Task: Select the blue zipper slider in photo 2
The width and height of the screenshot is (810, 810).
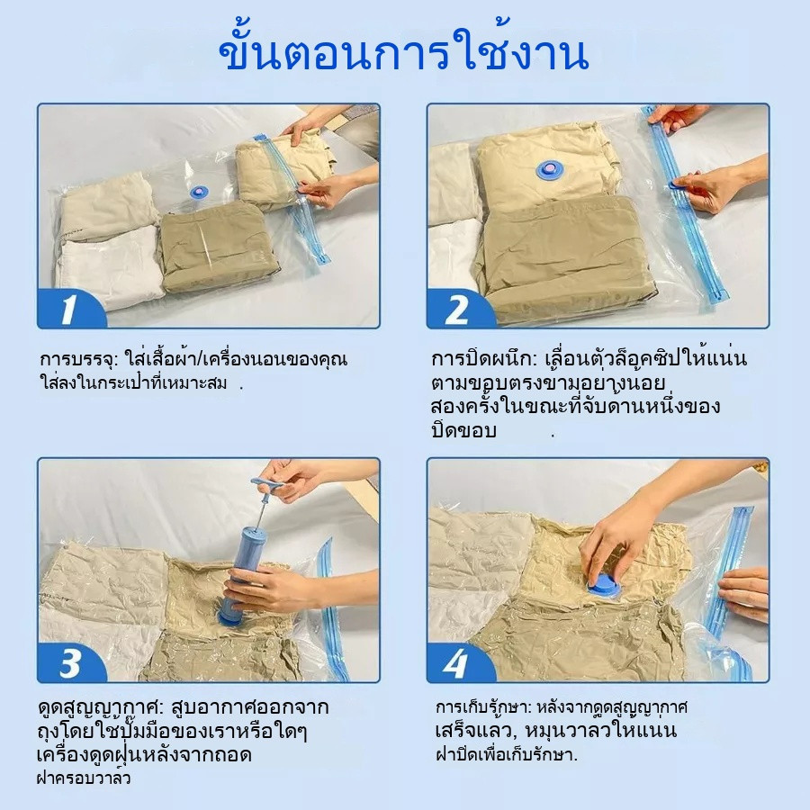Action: coord(677,184)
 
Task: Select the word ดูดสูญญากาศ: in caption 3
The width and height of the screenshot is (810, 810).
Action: coord(100,706)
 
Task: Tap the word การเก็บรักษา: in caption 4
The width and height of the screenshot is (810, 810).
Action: coord(483,706)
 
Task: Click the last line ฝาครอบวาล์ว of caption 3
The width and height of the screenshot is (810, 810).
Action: coord(84,778)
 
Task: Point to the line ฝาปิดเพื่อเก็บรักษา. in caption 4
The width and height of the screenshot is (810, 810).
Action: coord(506,755)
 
